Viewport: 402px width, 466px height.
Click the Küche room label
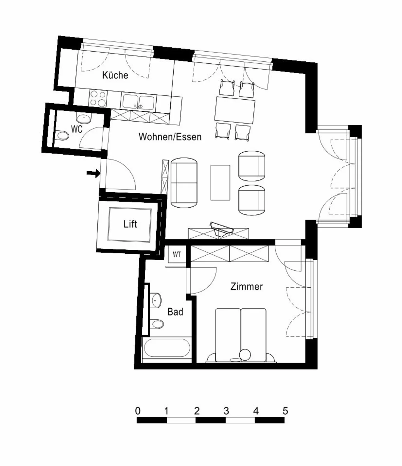(115, 75)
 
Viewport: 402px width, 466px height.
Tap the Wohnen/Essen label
(170, 137)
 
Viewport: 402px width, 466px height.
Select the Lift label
(130, 224)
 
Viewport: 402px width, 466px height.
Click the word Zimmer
(247, 287)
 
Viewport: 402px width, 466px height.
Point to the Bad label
(175, 312)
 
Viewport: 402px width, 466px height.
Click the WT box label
(177, 254)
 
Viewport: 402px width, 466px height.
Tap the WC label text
(76, 129)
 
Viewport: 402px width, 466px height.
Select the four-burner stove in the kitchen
(98, 99)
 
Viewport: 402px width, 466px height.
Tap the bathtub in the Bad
(167, 348)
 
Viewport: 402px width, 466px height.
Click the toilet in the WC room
(62, 136)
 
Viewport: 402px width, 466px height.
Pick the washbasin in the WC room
(83, 119)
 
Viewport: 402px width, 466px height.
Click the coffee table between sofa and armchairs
(220, 182)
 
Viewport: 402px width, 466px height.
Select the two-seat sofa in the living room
(184, 183)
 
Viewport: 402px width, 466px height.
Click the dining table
(235, 110)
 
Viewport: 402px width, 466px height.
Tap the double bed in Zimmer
(241, 333)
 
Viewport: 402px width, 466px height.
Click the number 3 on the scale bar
(226, 411)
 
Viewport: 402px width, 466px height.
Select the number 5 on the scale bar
(285, 411)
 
